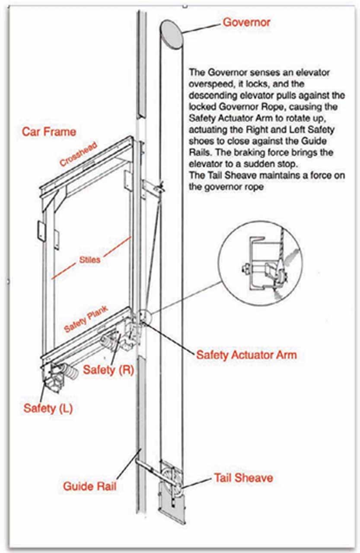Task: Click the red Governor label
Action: (x=246, y=22)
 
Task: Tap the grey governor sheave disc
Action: (x=172, y=35)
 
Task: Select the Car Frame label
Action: (x=49, y=132)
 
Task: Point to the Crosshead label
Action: (x=78, y=154)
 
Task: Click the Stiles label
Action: (x=89, y=260)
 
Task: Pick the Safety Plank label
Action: (x=86, y=319)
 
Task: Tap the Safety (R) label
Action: (x=108, y=370)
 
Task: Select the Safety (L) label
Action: (x=48, y=408)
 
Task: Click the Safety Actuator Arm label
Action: (x=246, y=355)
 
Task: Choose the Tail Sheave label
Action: (x=243, y=478)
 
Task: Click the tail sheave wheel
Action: (x=171, y=478)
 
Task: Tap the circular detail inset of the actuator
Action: (x=260, y=263)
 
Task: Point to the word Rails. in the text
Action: (x=200, y=153)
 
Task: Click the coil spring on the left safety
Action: (x=70, y=372)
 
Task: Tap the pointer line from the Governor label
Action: (x=201, y=29)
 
